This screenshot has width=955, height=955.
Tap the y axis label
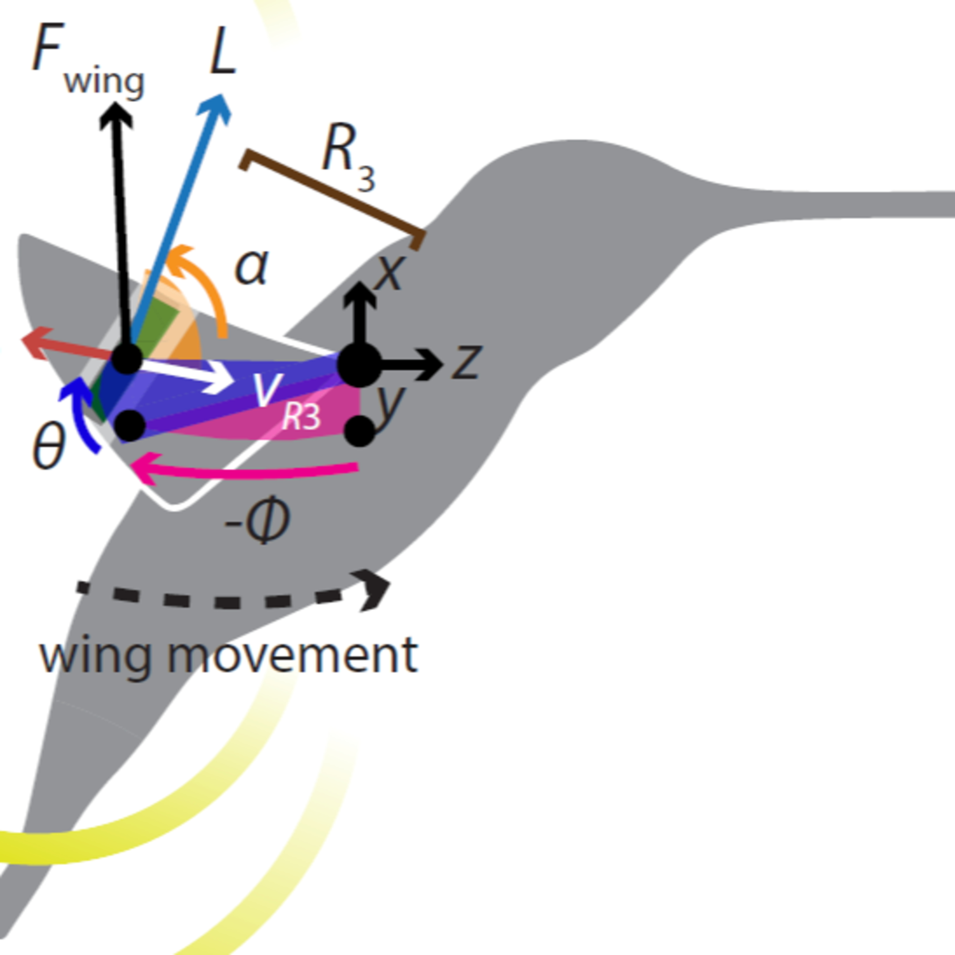(x=391, y=403)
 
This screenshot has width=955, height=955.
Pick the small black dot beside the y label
(x=359, y=430)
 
